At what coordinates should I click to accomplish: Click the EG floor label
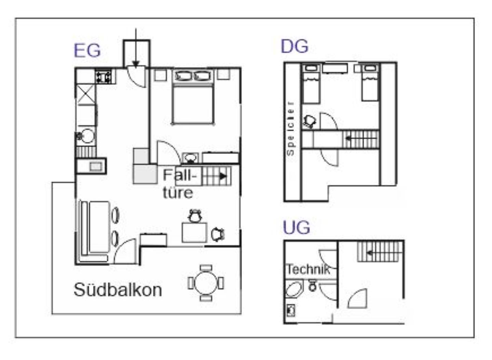tap(87, 51)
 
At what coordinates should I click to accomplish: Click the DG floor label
tap(295, 46)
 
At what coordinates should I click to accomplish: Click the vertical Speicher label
tap(290, 129)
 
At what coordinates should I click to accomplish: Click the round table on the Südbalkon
tap(206, 283)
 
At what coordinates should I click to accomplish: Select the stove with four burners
tap(103, 76)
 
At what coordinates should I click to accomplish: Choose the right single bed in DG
tap(370, 82)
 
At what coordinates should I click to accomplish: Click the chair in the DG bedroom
tap(309, 122)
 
